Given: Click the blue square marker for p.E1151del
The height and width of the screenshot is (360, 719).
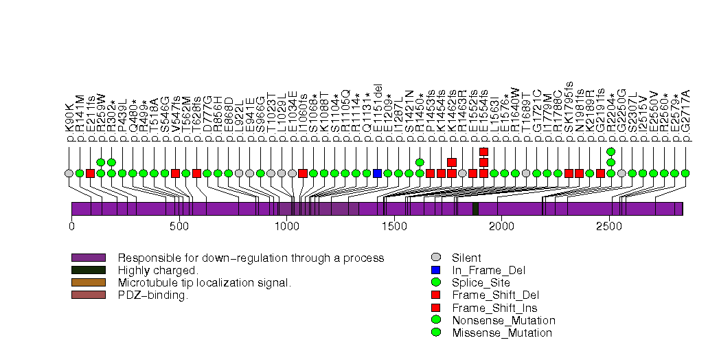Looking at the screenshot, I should [x=377, y=173].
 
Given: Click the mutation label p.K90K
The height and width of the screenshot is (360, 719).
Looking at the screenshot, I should [x=69, y=122].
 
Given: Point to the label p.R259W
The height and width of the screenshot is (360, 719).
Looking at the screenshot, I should [x=101, y=117].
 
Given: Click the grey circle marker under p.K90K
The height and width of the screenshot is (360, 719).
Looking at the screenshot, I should [x=69, y=173].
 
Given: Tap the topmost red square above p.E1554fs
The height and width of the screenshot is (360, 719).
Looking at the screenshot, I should [x=483, y=152].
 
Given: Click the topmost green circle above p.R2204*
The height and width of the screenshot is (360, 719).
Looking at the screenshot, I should [x=611, y=152].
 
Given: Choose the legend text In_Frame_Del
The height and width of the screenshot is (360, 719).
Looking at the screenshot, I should [x=483, y=271].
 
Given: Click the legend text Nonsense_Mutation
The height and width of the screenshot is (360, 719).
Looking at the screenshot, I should [x=503, y=320].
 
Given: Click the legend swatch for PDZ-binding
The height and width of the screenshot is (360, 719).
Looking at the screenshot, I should [x=89, y=295].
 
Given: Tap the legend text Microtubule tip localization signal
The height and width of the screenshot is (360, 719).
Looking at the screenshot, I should [x=205, y=283].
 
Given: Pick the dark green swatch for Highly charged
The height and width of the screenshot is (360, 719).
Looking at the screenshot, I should [x=89, y=271].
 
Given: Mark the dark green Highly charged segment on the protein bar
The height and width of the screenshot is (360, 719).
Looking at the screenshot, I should [x=475, y=209].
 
